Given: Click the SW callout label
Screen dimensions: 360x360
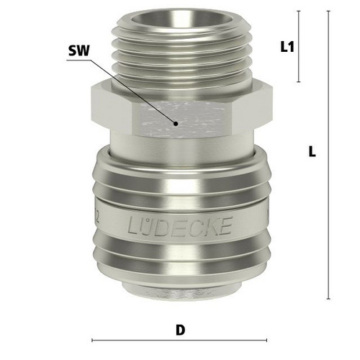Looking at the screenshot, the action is (x=78, y=51).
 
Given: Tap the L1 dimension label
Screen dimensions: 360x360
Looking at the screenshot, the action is (x=287, y=47).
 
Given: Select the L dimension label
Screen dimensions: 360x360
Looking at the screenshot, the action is (x=312, y=152).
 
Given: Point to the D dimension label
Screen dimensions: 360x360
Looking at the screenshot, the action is (x=181, y=330).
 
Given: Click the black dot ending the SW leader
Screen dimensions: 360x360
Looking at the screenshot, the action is (x=176, y=124).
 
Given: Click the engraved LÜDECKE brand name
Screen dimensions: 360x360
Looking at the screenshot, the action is (x=180, y=225).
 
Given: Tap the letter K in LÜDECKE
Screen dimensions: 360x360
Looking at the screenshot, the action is (x=210, y=225).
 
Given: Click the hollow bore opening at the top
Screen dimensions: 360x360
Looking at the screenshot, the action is (x=183, y=19).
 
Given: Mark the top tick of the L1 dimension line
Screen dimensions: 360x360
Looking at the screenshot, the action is (x=299, y=11).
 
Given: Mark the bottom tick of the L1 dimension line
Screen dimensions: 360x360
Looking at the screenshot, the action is (x=299, y=82).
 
